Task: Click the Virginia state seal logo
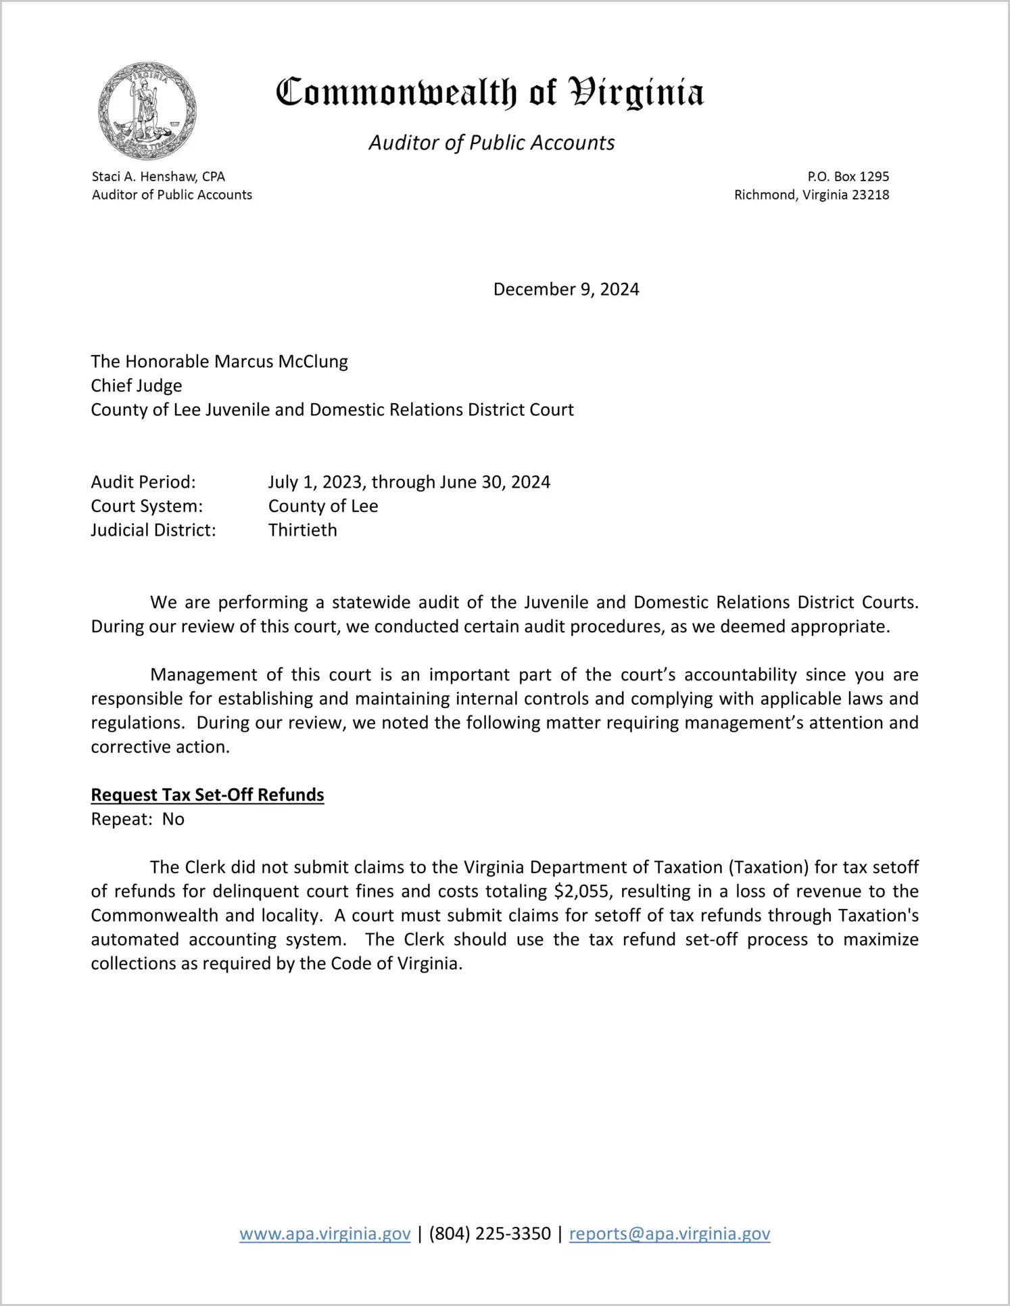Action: point(147,111)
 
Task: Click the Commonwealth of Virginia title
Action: point(490,93)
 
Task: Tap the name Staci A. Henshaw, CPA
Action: point(158,177)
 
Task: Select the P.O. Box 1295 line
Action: point(848,177)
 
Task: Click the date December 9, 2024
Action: point(566,289)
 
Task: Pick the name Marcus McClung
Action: point(281,362)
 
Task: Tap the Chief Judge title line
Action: point(137,386)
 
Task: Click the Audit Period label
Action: point(143,482)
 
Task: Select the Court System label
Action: point(147,506)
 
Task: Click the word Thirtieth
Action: point(302,530)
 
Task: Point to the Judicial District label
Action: point(153,530)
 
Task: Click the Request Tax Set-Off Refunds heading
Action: point(208,795)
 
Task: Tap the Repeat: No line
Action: point(138,819)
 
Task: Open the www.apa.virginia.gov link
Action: point(325,1234)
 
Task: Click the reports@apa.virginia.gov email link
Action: point(669,1234)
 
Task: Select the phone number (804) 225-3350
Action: point(489,1234)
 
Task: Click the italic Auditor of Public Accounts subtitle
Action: point(491,143)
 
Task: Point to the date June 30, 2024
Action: point(495,482)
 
